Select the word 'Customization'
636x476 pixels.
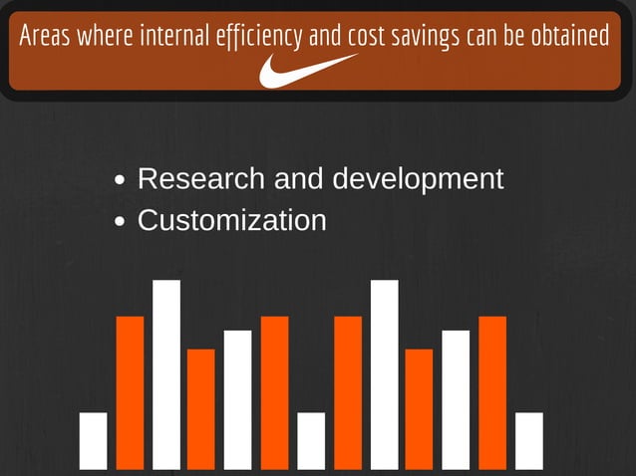pos(231,220)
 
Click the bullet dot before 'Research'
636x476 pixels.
pos(121,181)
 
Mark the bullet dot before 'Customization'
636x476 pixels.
pos(121,222)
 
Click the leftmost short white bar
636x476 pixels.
pos(93,440)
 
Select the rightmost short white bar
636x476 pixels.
pos(529,440)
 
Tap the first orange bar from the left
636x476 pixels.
pos(130,392)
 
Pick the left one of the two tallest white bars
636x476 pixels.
pos(166,374)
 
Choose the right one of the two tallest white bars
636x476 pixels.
pos(384,374)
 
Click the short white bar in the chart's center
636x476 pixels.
pos(311,440)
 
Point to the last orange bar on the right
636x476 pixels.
pos(492,392)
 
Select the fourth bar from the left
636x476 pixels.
pos(201,408)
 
